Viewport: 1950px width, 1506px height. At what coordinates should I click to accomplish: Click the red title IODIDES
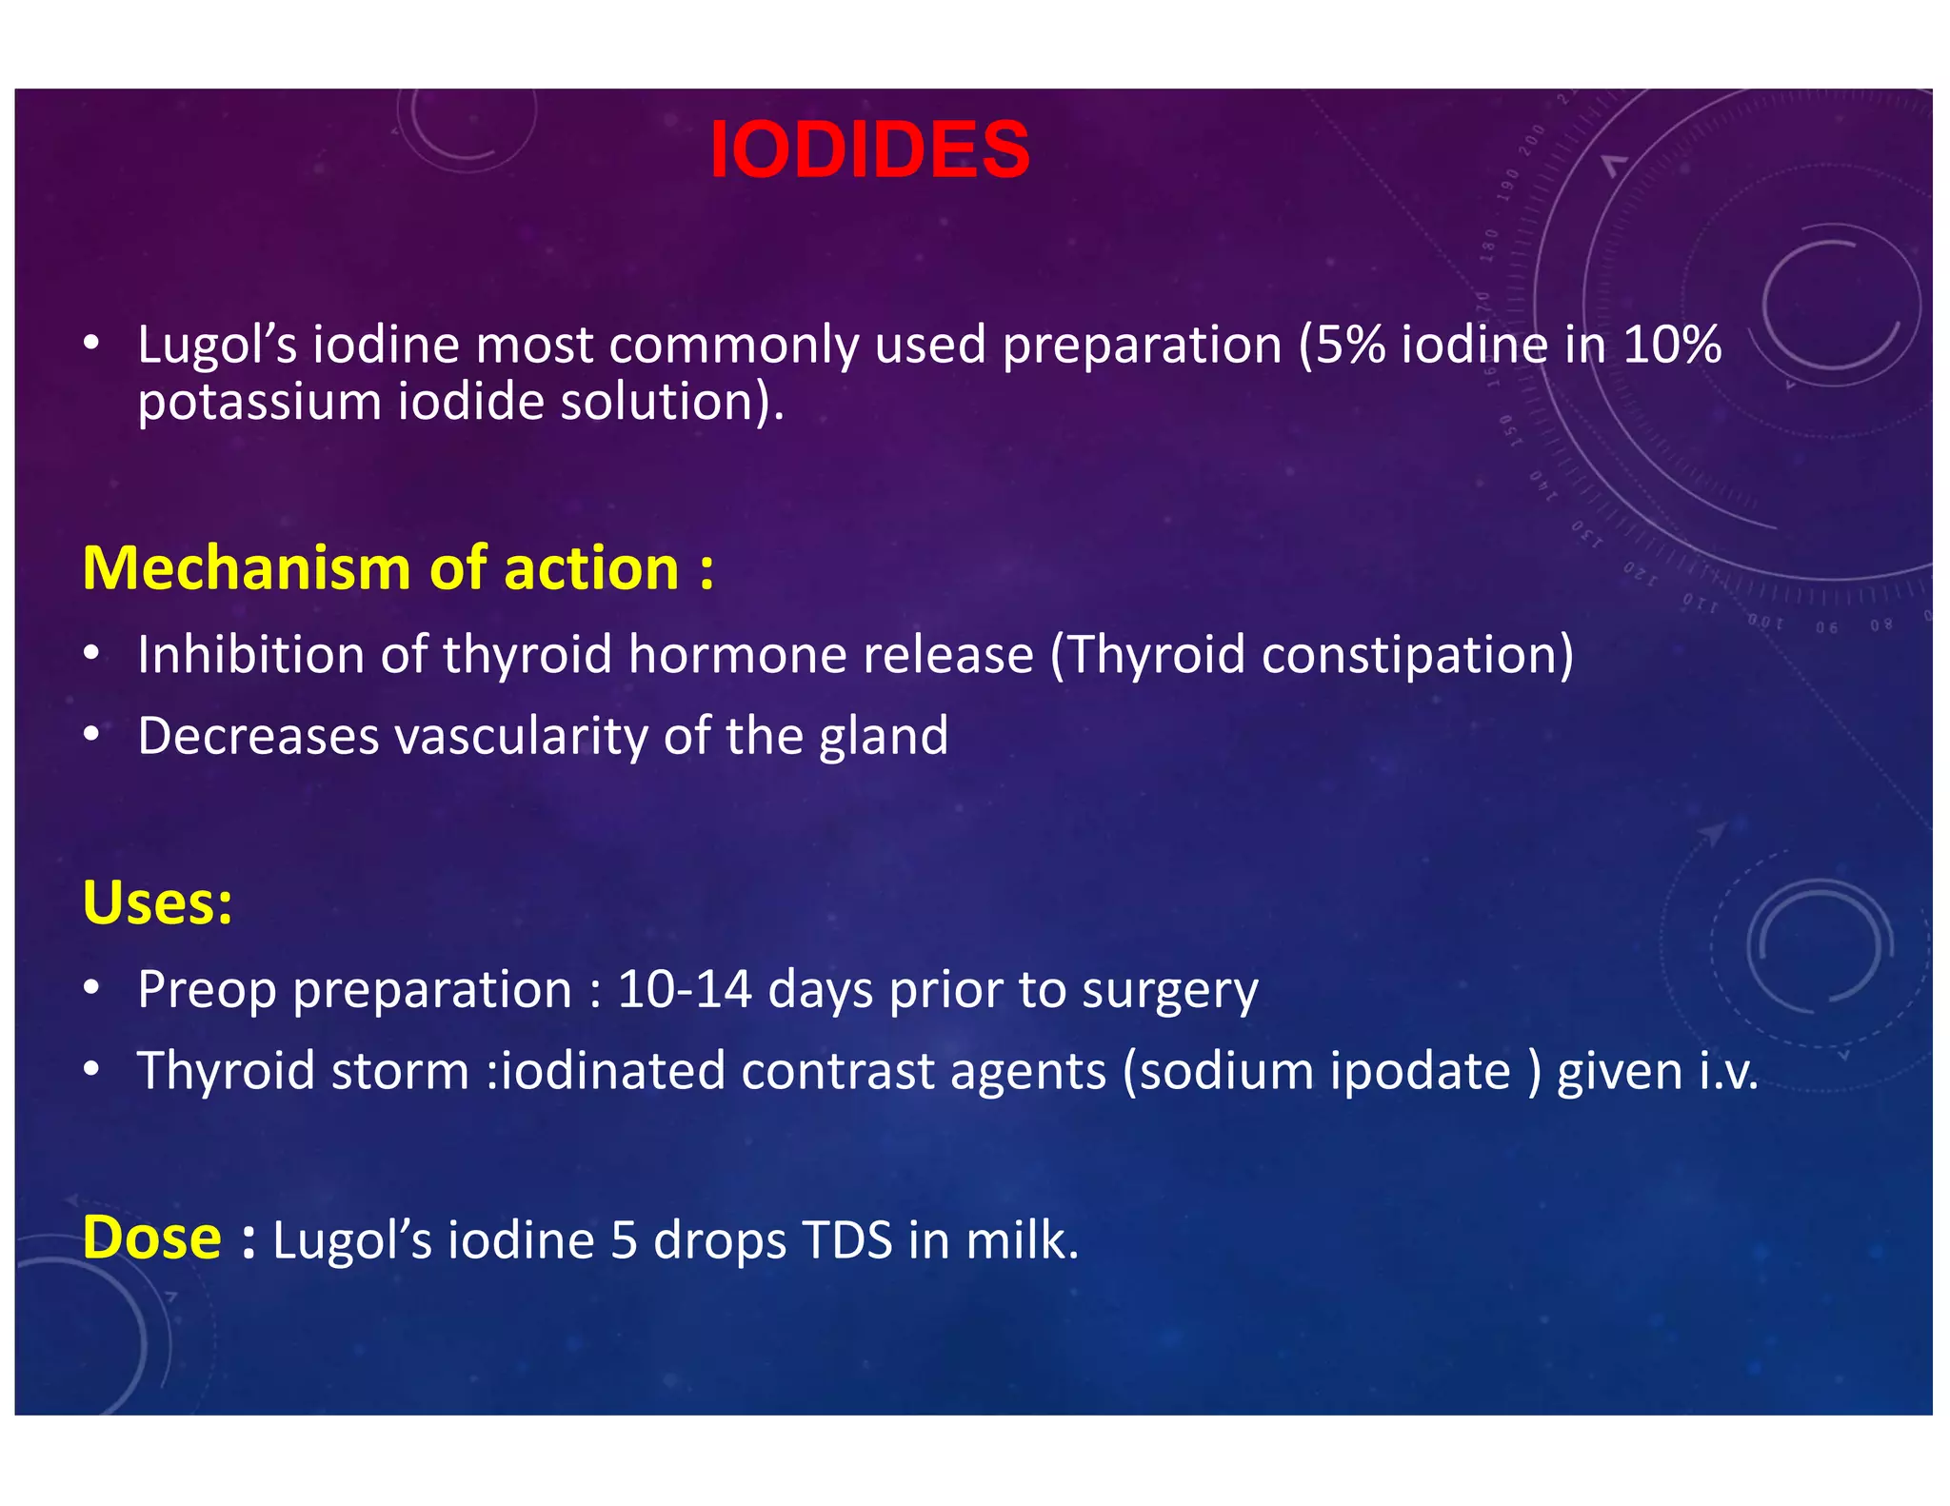click(868, 149)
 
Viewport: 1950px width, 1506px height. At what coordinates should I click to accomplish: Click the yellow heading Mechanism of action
click(397, 568)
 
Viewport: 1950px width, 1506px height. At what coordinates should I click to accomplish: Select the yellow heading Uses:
click(157, 902)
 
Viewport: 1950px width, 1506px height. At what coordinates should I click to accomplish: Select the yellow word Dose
click(152, 1238)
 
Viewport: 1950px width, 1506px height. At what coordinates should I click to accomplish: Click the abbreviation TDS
click(847, 1240)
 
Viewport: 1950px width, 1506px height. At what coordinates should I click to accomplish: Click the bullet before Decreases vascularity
click(91, 735)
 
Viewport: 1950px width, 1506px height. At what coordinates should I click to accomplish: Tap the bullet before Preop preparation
click(91, 988)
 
